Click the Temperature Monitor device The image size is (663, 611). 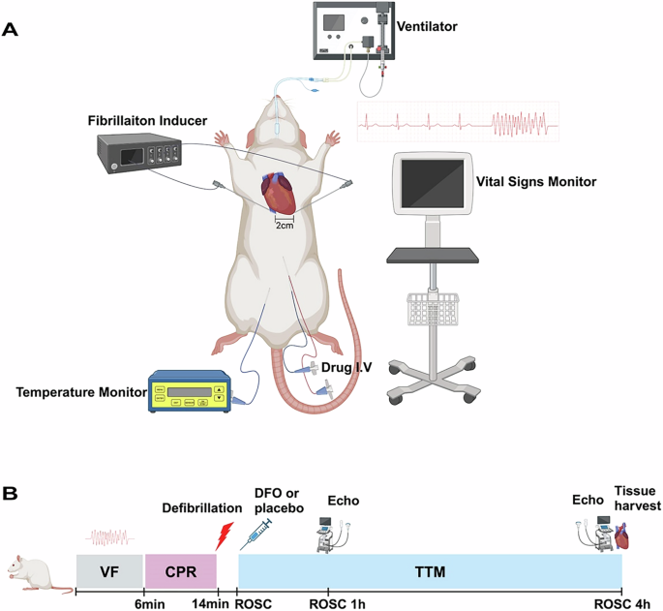[x=188, y=390]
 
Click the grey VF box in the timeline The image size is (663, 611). [x=107, y=572]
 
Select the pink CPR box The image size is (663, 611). [x=180, y=572]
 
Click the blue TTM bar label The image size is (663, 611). [x=430, y=572]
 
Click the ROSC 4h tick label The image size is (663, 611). [x=622, y=603]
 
